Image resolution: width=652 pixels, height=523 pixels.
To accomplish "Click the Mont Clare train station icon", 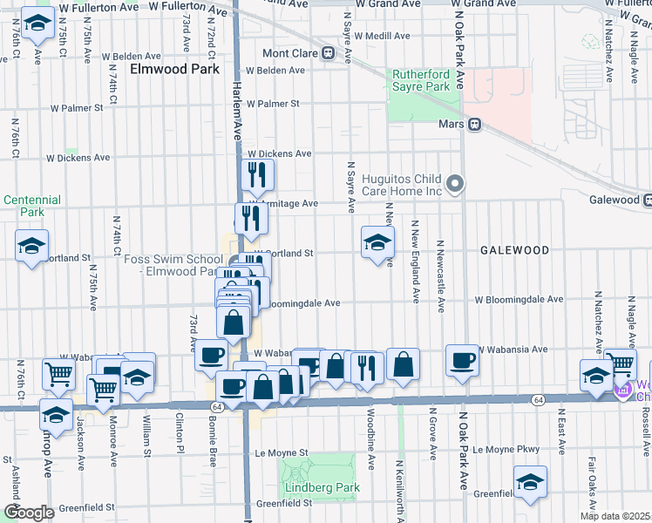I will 329,52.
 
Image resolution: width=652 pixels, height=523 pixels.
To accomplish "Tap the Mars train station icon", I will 475,124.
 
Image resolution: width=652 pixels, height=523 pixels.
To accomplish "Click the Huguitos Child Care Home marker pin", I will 454,184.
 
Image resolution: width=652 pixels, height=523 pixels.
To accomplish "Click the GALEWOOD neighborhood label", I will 514,250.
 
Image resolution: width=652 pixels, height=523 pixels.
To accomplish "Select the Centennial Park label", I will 32,206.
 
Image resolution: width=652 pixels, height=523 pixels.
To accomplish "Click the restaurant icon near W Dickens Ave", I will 256,175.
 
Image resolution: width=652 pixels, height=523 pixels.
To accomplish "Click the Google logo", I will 30,513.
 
